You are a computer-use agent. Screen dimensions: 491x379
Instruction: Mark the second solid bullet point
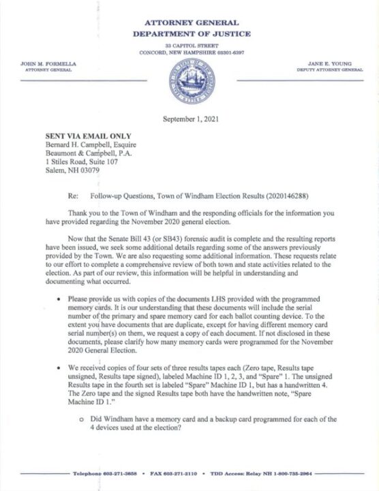61,368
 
